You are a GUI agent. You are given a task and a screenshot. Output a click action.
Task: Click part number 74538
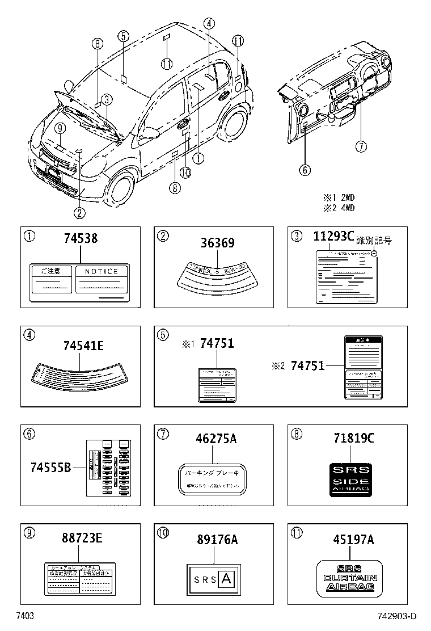pos(80,239)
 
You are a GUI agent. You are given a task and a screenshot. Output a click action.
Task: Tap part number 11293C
pos(333,237)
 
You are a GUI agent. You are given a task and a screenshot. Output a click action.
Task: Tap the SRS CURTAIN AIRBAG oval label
pos(349,578)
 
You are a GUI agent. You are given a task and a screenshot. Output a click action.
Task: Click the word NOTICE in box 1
pos(102,272)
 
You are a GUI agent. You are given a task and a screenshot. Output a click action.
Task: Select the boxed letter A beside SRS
pos(226,579)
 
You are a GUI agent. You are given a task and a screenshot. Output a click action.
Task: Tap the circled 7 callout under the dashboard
pos(361,146)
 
